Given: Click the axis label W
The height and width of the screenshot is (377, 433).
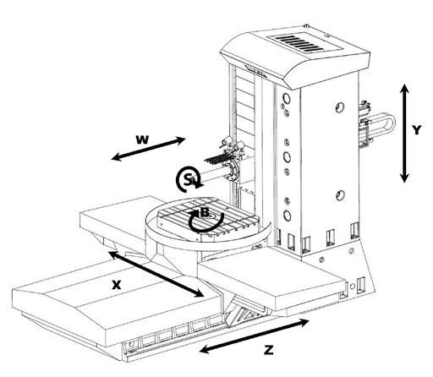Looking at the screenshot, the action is point(142,139).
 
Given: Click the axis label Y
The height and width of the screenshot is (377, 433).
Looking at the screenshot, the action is point(416,130).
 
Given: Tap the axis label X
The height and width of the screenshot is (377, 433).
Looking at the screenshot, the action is point(117,285).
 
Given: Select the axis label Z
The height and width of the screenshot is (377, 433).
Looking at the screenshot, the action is point(269,350).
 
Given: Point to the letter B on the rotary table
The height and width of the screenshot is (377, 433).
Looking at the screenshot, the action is point(205,212).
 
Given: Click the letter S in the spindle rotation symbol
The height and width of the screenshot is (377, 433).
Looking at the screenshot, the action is point(187,179).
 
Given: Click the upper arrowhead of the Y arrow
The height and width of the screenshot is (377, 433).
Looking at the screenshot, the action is point(405,90).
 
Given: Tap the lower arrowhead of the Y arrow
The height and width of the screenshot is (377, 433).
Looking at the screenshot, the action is point(405,177).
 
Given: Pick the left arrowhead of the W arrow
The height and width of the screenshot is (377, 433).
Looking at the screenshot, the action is point(116,157).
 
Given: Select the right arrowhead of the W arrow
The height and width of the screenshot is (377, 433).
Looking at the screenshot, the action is point(180,139).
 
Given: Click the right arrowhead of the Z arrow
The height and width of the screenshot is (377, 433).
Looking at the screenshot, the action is point(304,322).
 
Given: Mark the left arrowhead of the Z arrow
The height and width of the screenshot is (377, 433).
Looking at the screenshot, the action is point(205,350).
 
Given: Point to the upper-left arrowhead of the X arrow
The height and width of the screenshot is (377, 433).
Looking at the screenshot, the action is point(113,255).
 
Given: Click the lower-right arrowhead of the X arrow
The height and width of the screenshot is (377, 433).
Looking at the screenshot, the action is point(199,293).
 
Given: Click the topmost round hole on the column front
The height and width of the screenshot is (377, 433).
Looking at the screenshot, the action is point(287,99).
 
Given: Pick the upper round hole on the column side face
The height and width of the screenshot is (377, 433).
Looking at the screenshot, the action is point(340,107).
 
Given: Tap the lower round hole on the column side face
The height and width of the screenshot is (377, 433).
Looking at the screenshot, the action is point(340,195).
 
